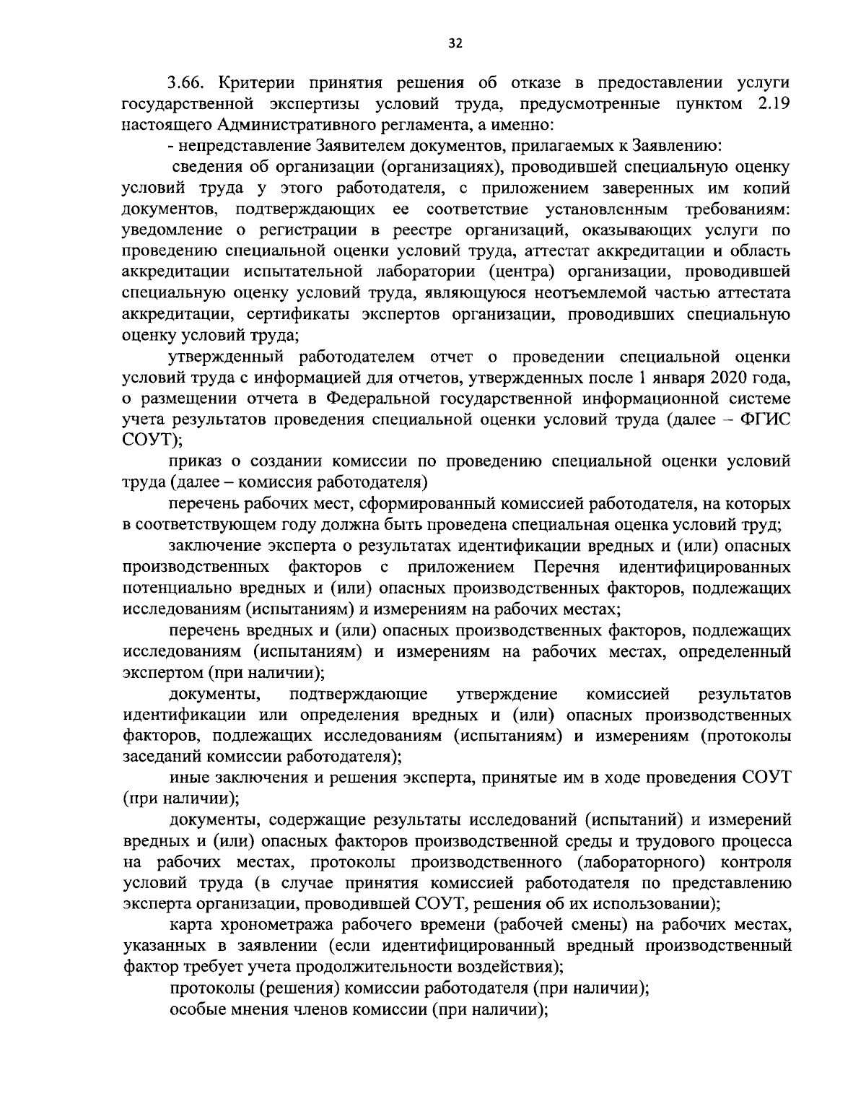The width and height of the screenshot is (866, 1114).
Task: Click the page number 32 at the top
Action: coord(455,43)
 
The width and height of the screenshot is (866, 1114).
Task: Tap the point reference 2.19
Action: coord(774,105)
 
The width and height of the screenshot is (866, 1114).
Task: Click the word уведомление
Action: coord(172,230)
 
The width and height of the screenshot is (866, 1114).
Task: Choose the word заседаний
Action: coord(162,757)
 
